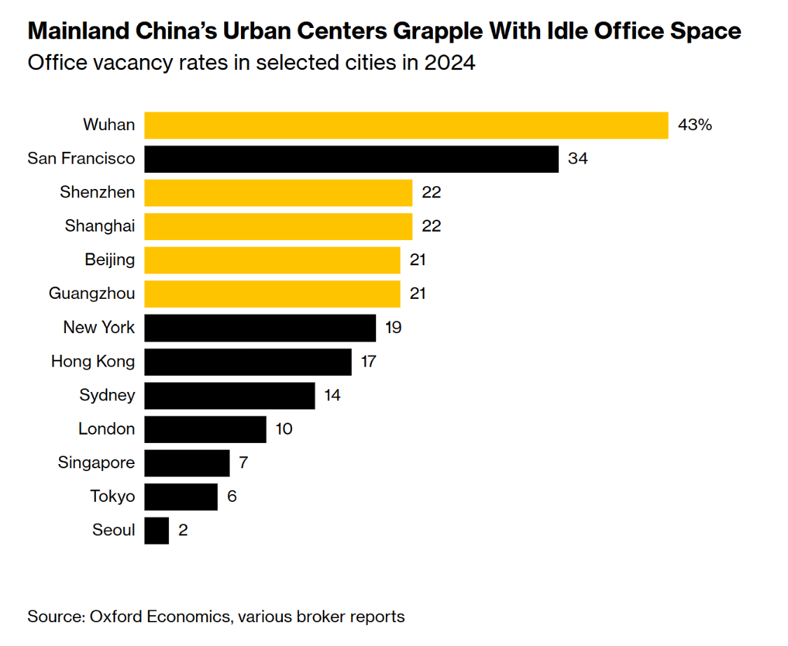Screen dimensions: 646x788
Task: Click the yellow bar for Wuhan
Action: (406, 125)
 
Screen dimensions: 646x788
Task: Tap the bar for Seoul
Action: (157, 531)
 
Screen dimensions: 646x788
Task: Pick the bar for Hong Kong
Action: (248, 362)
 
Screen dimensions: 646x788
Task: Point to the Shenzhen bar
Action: (278, 192)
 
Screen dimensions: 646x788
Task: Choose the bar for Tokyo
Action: (181, 497)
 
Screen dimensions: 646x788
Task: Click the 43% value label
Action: (695, 125)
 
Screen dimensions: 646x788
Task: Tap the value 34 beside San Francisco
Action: (578, 159)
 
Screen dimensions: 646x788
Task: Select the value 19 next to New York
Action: (393, 328)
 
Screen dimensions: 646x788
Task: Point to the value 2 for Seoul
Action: (183, 531)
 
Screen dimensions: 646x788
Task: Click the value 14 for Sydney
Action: (332, 395)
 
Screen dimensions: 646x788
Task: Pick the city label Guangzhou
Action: (92, 294)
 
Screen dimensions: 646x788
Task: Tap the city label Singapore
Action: (97, 463)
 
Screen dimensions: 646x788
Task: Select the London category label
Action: (106, 429)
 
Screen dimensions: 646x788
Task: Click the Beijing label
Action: (110, 260)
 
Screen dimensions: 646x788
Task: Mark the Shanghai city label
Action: (100, 226)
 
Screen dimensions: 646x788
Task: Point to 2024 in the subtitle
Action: (449, 64)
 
